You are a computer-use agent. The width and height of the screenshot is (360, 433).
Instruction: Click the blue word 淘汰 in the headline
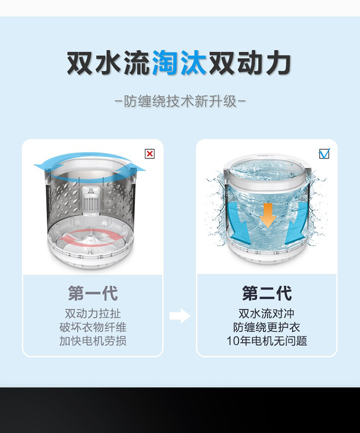[179, 63]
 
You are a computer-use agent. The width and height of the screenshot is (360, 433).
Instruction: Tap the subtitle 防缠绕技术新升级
[180, 101]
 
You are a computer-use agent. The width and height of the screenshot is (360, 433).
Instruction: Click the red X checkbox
[150, 154]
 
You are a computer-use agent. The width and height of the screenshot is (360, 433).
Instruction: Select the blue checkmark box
[324, 153]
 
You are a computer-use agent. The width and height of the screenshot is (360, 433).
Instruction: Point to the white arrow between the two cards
[180, 316]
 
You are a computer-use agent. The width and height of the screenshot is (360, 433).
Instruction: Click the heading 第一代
[93, 293]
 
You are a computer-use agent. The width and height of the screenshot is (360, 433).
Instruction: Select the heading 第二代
[267, 293]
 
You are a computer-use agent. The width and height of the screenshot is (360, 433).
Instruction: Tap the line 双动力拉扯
[93, 313]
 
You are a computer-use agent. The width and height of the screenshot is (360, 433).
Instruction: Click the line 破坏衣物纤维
[93, 327]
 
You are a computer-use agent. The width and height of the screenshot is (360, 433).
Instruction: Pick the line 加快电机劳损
[93, 341]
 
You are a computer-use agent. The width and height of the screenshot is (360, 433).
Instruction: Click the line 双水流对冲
[267, 313]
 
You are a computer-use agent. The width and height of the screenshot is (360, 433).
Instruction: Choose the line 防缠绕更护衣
[267, 327]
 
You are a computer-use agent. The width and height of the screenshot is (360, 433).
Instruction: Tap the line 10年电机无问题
[267, 341]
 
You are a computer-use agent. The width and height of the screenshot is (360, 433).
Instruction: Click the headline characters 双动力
[250, 63]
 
